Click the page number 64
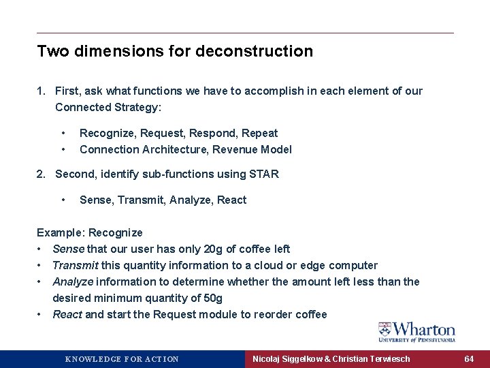point(469,358)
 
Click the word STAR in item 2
point(264,174)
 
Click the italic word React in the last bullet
point(67,314)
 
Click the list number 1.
point(41,91)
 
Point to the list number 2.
point(41,174)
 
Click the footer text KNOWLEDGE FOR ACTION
point(122,359)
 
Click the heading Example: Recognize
point(90,232)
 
